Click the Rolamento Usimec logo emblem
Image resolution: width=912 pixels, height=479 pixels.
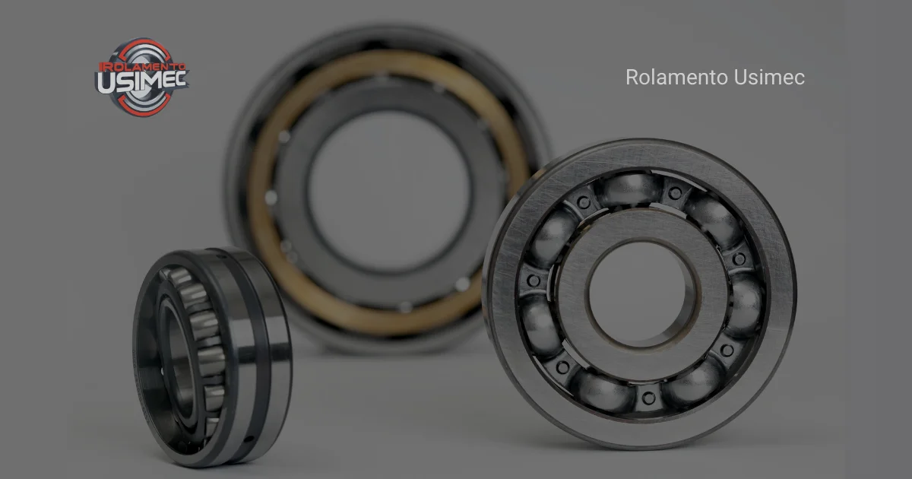coord(142,76)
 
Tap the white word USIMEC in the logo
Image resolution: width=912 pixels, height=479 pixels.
coord(142,82)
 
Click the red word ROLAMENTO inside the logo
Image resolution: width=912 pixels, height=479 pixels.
coord(136,67)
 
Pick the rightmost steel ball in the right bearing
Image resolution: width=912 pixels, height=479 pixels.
coord(744,303)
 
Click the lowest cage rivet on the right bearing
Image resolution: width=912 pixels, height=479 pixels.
coord(648,398)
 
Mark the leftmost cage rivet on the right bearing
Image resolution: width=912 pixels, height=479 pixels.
coord(534,281)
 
